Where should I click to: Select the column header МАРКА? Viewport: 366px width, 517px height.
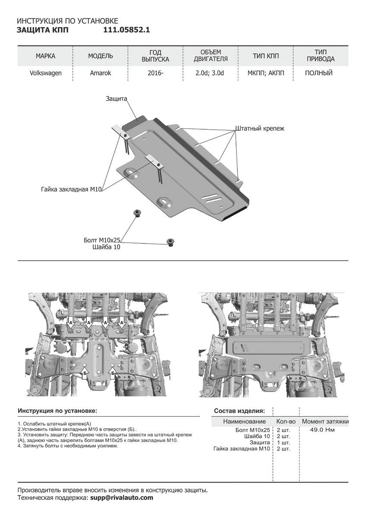45,56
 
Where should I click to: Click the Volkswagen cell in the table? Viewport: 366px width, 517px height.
45,73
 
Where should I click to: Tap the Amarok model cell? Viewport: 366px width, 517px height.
101,73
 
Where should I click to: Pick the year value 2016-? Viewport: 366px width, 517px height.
155,73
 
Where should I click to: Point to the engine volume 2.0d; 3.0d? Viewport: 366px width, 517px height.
210,73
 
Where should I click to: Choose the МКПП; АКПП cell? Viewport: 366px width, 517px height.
266,73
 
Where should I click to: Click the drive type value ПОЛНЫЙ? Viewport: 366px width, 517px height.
319,73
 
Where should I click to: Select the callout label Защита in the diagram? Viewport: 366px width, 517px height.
117,99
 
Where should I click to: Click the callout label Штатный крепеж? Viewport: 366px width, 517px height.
260,128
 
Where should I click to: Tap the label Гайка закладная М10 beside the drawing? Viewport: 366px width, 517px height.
71,189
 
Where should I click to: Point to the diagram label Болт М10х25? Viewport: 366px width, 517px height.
102,240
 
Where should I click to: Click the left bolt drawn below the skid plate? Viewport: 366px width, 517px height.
137,213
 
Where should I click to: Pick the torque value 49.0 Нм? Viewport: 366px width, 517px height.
322,430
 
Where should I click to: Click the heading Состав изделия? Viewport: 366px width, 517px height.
239,411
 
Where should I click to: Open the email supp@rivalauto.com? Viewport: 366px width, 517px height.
122,498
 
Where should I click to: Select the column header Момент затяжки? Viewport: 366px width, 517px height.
325,421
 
